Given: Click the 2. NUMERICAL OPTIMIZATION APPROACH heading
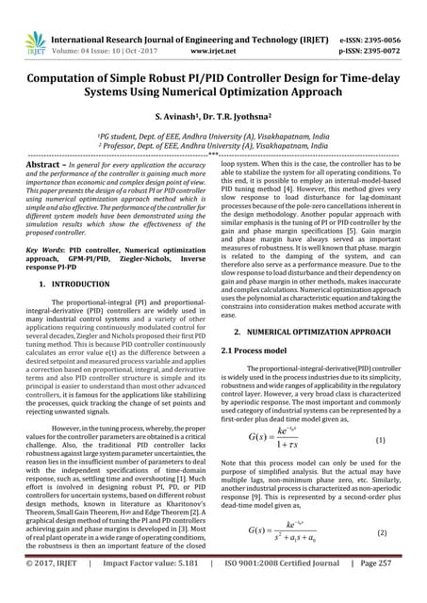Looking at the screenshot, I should (317, 332).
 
